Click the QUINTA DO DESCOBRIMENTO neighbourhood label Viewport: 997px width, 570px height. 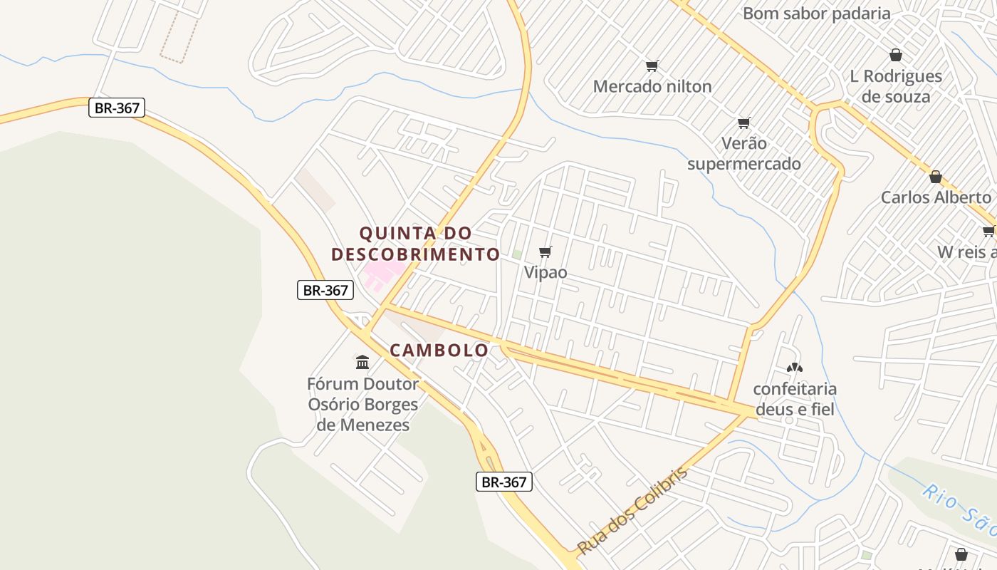point(416,244)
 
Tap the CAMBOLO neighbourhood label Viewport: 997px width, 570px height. point(439,350)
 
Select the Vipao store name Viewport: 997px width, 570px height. point(546,272)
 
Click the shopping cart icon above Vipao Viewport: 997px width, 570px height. point(546,252)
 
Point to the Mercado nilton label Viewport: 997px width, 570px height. point(652,87)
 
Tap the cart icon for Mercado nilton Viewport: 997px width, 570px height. point(652,66)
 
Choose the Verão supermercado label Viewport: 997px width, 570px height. point(744,153)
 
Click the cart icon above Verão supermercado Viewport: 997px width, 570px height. point(744,123)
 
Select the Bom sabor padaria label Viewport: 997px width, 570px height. point(816,14)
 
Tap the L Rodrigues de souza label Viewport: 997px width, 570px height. point(896,86)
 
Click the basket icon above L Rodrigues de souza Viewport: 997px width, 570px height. point(896,55)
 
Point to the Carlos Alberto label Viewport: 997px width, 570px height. point(936,197)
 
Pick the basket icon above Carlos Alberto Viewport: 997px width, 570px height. point(936,177)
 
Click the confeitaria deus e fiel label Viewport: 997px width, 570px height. point(795,399)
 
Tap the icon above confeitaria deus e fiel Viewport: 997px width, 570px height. point(794,368)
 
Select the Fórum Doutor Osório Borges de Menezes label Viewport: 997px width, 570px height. point(362,405)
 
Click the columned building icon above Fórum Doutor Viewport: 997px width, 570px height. point(362,363)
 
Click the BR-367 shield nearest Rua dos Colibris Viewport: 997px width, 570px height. point(503,482)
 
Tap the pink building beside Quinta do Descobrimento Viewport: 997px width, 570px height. point(382,274)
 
